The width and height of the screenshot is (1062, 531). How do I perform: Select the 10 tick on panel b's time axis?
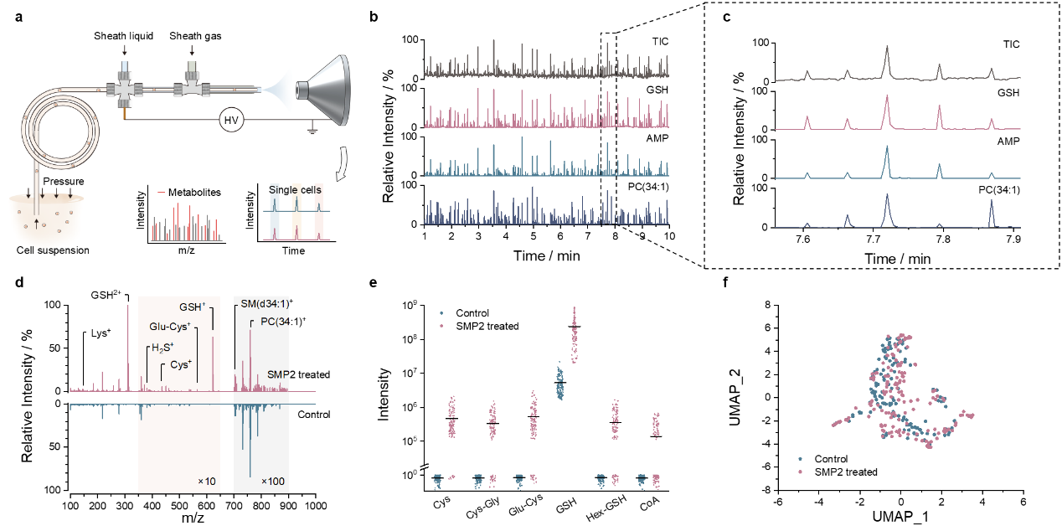pos(669,238)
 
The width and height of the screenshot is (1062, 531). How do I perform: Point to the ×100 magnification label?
pos(271,482)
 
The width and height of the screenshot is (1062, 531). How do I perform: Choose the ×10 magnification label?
pos(207,482)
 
